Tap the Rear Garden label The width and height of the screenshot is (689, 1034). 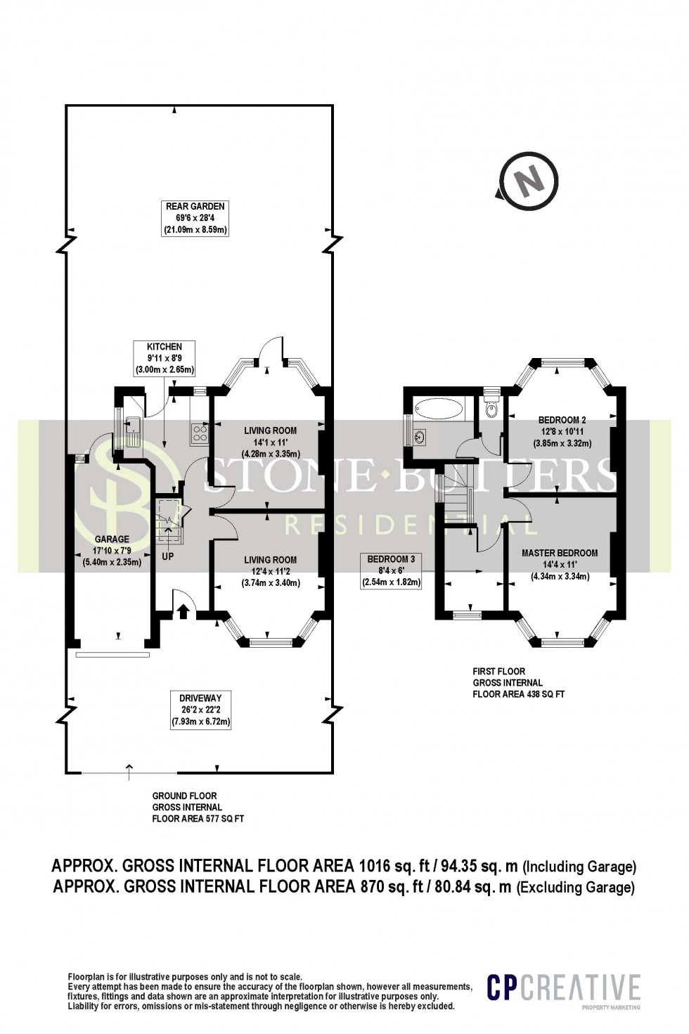pyautogui.click(x=195, y=218)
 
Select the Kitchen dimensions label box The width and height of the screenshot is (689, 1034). pyautogui.click(x=165, y=358)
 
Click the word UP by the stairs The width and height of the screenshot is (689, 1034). pyautogui.click(x=168, y=556)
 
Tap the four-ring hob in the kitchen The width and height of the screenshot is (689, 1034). pyautogui.click(x=198, y=433)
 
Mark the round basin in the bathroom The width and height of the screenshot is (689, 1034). pyautogui.click(x=420, y=437)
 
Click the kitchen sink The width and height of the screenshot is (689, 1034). pyautogui.click(x=131, y=424)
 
